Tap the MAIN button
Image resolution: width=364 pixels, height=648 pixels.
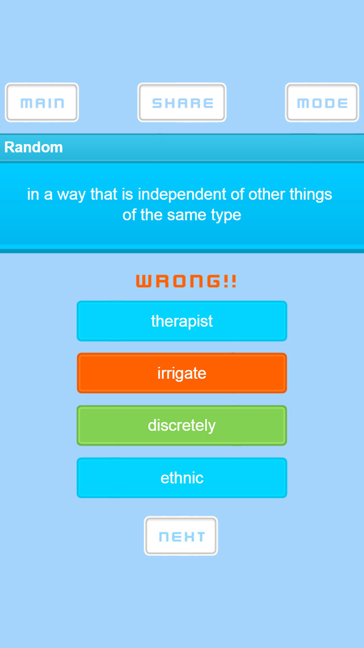(x=42, y=102)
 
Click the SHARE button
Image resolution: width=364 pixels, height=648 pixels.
(x=182, y=102)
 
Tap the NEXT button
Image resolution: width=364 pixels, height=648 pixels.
(x=181, y=536)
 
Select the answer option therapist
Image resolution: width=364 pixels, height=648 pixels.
(x=182, y=321)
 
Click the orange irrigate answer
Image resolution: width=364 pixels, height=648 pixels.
(x=182, y=373)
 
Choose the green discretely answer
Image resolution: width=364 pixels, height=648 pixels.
(x=182, y=425)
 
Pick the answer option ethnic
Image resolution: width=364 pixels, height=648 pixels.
(x=182, y=478)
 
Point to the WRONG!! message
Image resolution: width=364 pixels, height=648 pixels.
(x=186, y=281)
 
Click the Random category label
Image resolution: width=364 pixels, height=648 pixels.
(x=33, y=147)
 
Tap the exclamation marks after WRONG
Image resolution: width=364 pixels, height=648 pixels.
(x=230, y=281)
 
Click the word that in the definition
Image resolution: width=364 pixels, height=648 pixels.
(x=104, y=194)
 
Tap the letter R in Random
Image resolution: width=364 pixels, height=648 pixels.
(x=9, y=147)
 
